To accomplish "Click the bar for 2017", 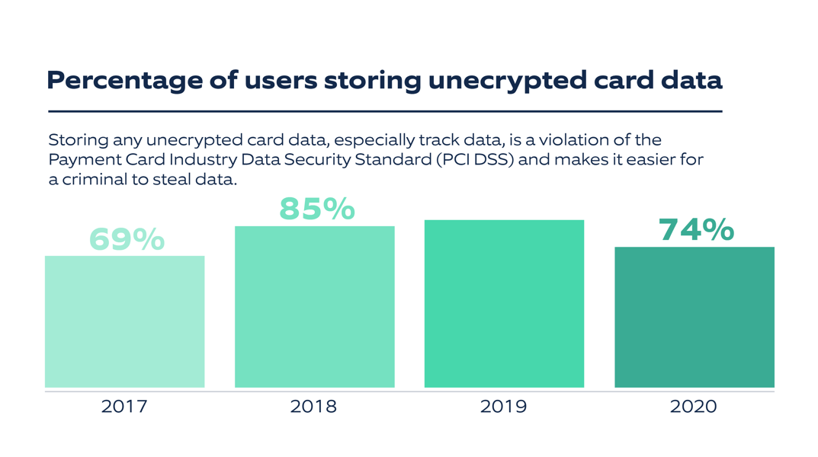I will click(124, 321).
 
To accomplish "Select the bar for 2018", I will click(314, 307).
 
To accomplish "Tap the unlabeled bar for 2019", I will click(504, 304).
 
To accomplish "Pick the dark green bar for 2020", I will click(694, 317).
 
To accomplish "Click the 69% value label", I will click(127, 239).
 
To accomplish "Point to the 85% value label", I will click(316, 209).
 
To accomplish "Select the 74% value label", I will click(696, 229).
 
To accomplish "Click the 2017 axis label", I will click(124, 407).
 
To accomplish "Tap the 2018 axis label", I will click(313, 407).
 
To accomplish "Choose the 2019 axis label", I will click(503, 407).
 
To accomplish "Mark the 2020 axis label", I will click(693, 407).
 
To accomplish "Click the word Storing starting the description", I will click(79, 141).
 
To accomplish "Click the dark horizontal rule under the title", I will click(384, 111).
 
